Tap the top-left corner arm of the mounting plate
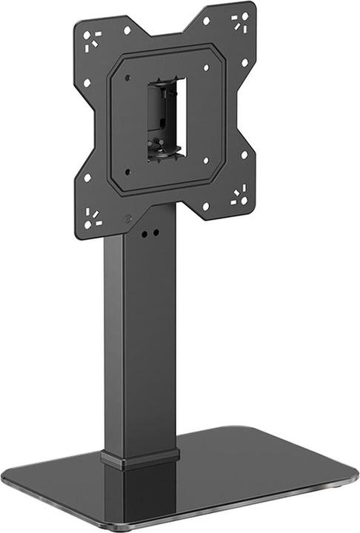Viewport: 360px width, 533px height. coord(93,37)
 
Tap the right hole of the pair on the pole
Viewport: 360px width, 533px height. coord(156,232)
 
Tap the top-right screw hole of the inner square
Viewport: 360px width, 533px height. coord(205,68)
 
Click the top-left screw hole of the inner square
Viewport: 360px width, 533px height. coord(128,78)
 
